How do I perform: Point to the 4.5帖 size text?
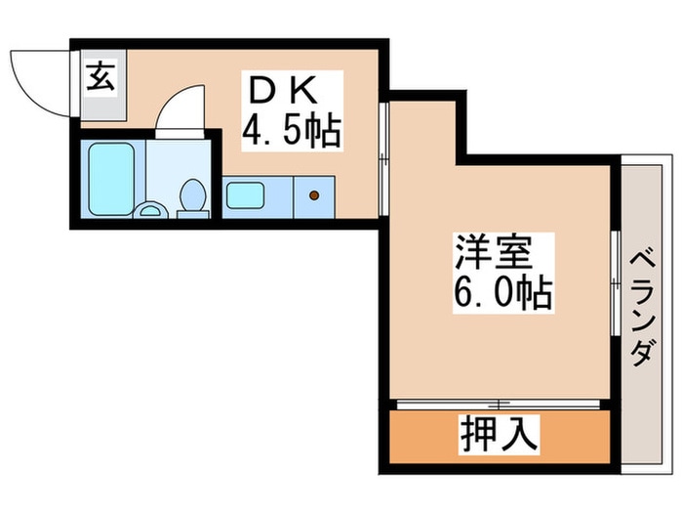[x=291, y=130]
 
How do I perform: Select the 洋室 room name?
[x=493, y=252]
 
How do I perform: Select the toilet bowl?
[x=193, y=197]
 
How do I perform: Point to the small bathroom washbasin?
[x=150, y=208]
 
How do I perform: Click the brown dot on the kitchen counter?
[x=313, y=195]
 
